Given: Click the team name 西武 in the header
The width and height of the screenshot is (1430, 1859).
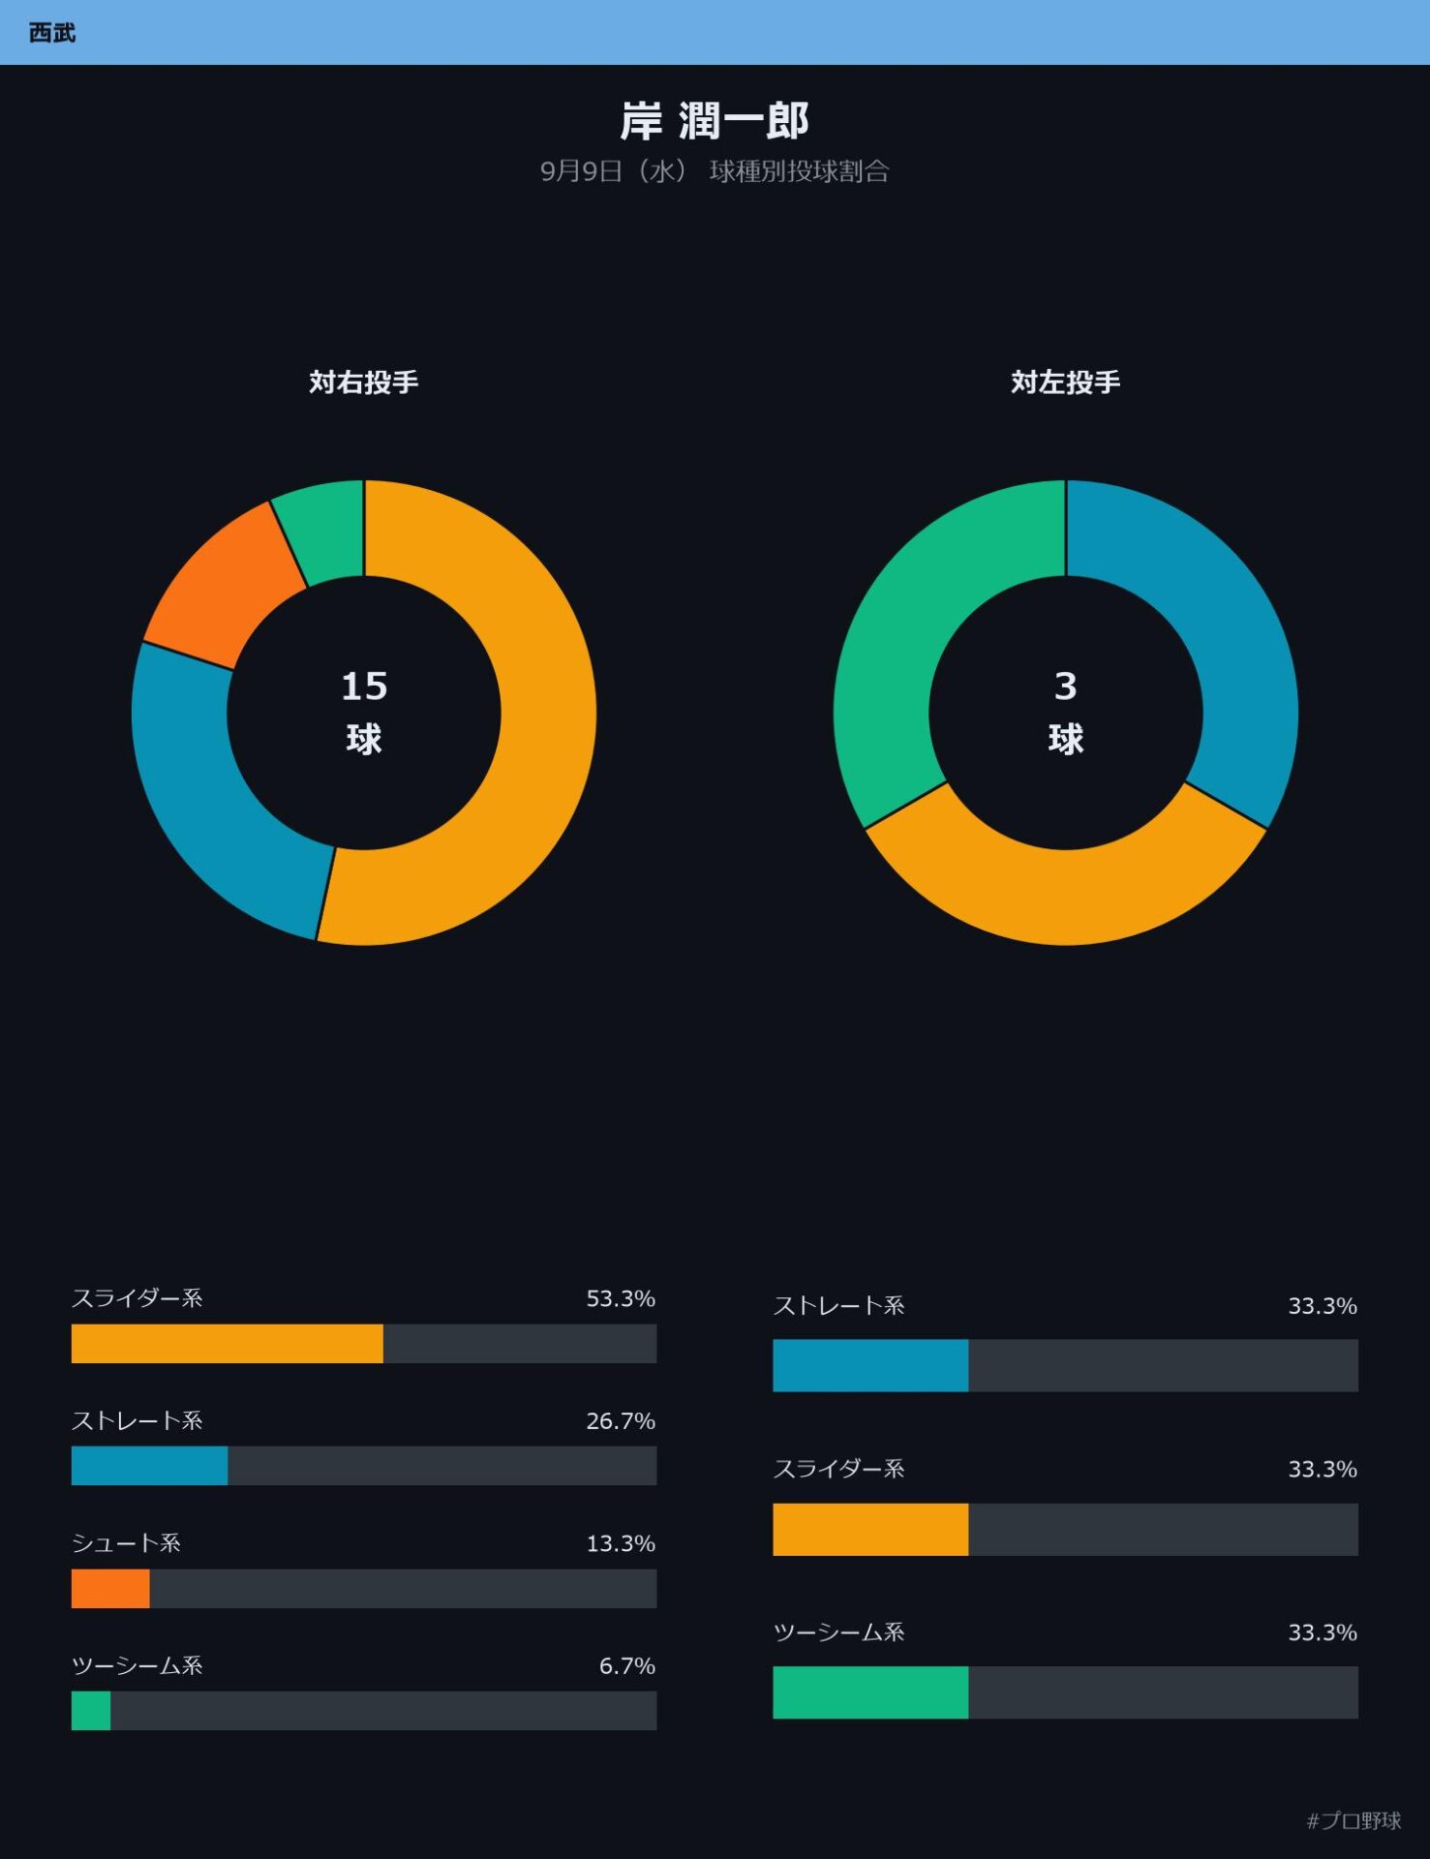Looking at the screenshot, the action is pos(52,33).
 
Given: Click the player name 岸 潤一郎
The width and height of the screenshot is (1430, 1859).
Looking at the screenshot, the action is pos(715,121).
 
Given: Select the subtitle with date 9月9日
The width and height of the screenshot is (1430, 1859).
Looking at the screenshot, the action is pos(715,171).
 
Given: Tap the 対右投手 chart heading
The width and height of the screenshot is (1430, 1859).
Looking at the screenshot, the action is pos(364,382).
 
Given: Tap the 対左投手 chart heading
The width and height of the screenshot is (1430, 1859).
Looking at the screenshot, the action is pos(1066,382).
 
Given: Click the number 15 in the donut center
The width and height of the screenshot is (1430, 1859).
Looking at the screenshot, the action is pos(364,686).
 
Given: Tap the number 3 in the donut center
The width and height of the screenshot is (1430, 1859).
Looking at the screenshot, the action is pos(1065,686).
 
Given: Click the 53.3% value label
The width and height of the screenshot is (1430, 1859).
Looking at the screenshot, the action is pos(621,1298).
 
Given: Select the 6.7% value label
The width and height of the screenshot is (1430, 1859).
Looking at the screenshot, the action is pos(627,1665).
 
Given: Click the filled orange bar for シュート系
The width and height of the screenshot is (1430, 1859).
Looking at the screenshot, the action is pos(110,1589).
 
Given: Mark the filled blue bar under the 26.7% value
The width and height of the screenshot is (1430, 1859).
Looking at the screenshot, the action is pos(149,1466).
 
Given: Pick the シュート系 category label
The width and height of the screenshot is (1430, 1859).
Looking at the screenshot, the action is pos(126,1543).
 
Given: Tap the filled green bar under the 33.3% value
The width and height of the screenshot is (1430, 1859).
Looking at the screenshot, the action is pos(870,1692).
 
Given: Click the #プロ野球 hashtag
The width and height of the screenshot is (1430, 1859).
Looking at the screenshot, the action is pos(1354,1820).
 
